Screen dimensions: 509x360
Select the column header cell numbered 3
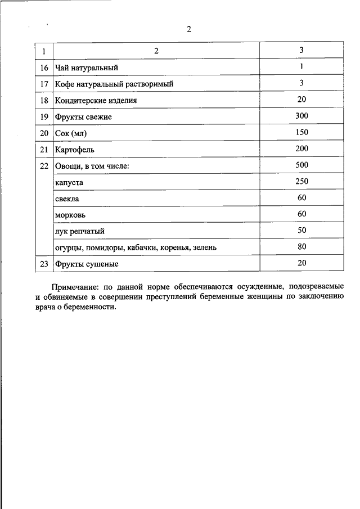[x=301, y=51]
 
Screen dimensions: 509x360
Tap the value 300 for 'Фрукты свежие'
[x=301, y=116]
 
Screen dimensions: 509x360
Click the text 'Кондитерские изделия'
[x=96, y=100]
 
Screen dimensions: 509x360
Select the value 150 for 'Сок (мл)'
[x=301, y=133]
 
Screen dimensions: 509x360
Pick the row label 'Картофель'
[x=75, y=150]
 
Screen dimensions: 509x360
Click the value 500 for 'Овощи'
[x=301, y=165]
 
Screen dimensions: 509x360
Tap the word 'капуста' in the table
[x=70, y=182]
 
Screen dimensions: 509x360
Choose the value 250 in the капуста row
[x=301, y=182]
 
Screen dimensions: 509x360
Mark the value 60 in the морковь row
[x=301, y=214]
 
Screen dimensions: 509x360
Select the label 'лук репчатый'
[x=80, y=231]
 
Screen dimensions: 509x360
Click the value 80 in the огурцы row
[x=301, y=247]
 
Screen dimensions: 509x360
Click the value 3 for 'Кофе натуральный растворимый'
[x=301, y=83]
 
